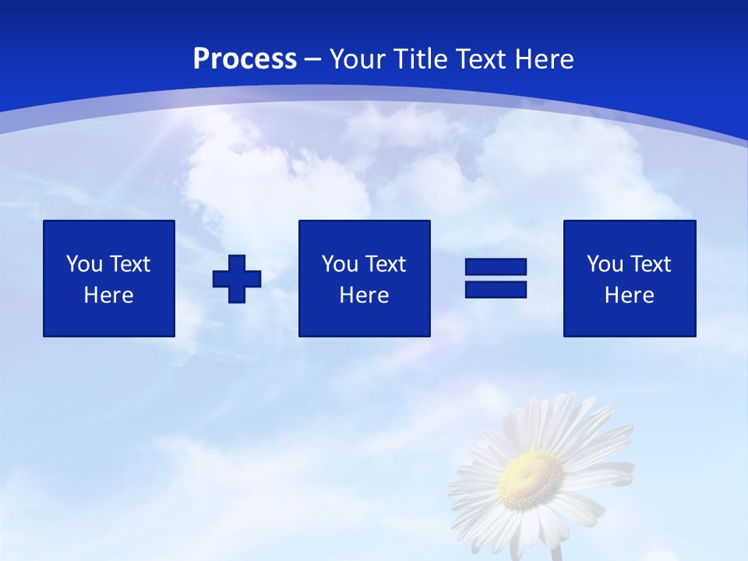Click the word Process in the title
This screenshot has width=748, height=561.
pos(245,59)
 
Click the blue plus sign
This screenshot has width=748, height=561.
pos(237,279)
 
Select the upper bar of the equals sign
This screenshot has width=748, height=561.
pos(496,267)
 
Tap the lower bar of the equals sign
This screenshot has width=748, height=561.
pos(496,289)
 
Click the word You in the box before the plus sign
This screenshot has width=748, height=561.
pos(83,264)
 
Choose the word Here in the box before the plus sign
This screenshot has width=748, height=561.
pos(108,295)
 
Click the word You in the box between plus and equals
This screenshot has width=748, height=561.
pos(339,264)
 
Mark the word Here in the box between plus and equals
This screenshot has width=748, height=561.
pos(364,295)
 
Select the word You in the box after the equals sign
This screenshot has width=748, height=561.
pos(604,264)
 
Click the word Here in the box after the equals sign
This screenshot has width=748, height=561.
pos(629,295)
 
